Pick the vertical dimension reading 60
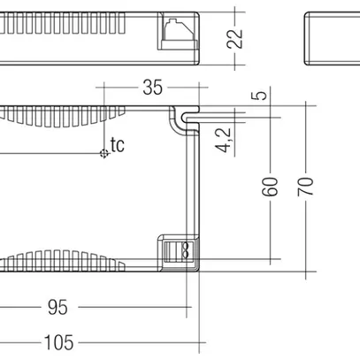[x=272, y=187]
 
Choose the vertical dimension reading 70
[x=307, y=187]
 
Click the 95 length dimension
[x=57, y=307]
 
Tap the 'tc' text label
[x=118, y=143]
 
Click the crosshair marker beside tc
[x=104, y=153]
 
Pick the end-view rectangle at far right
[x=332, y=38]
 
